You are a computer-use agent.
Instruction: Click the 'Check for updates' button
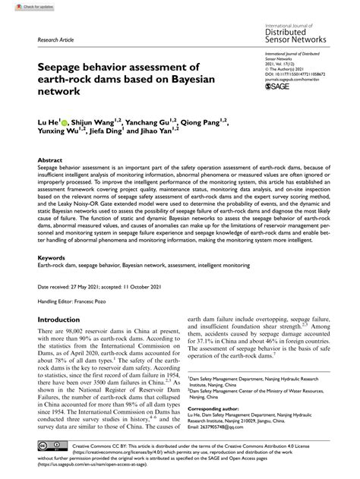point(22,5)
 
